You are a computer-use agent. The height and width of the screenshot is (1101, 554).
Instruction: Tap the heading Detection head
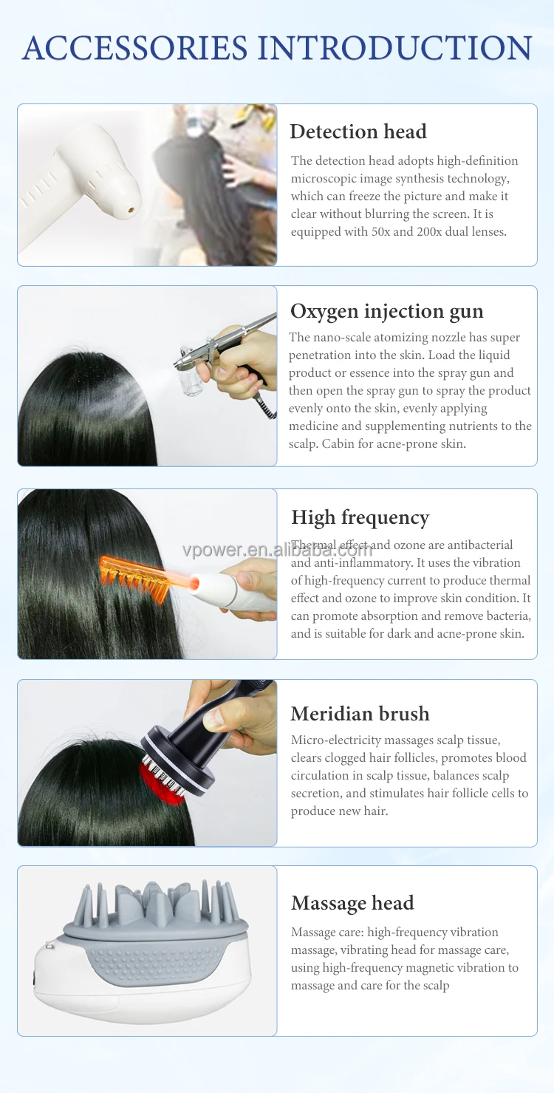(358, 132)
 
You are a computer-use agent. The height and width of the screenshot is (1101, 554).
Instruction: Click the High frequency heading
(360, 517)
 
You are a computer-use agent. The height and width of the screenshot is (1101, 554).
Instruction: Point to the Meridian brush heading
(360, 714)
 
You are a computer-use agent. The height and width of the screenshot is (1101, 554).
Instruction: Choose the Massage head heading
(352, 903)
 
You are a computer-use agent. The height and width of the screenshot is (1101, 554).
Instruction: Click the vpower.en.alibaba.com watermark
(278, 550)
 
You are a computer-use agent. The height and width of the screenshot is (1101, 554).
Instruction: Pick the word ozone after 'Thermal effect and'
(411, 545)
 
